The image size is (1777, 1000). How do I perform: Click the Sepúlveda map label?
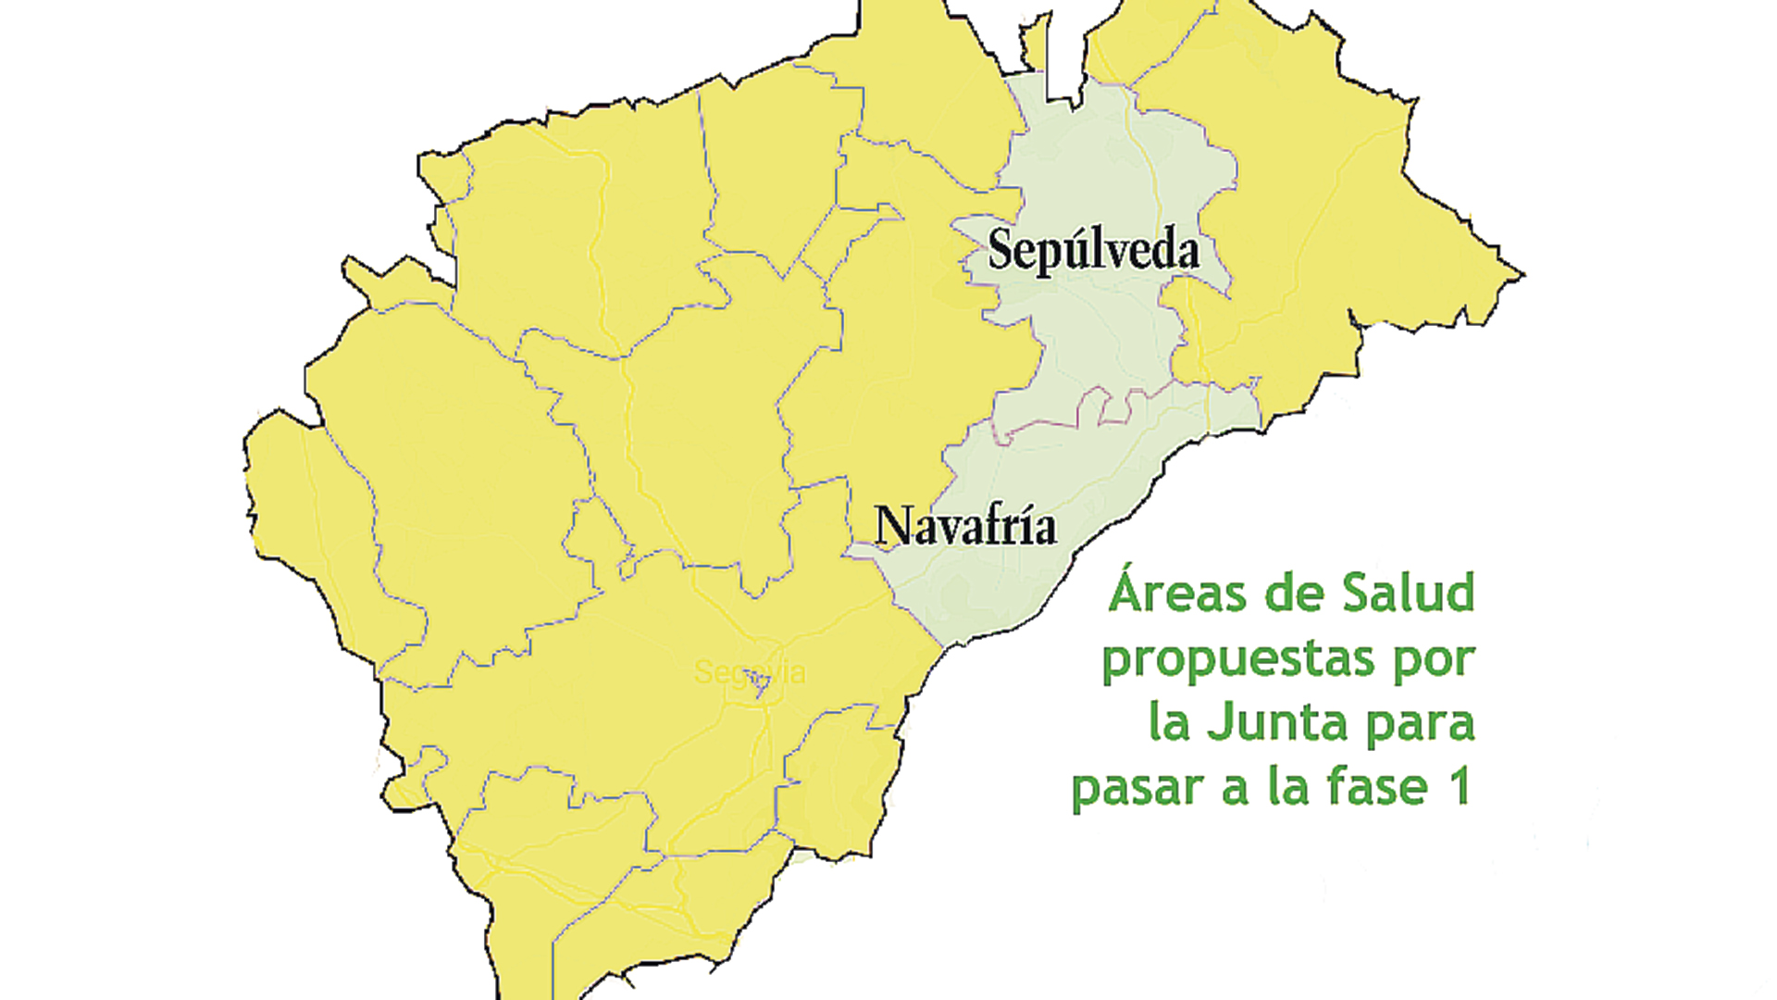1093,250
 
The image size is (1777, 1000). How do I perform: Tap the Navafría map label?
965,526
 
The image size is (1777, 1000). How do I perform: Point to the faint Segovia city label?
750,672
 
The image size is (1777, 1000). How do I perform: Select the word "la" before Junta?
1168,722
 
